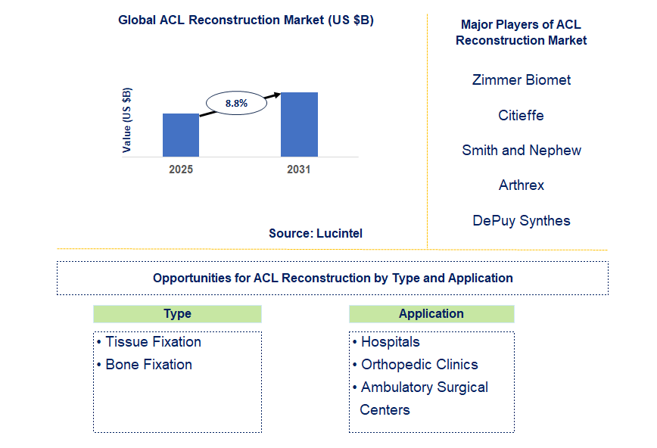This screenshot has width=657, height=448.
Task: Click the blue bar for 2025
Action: click(x=181, y=135)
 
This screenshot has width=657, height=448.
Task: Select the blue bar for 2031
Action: click(x=299, y=124)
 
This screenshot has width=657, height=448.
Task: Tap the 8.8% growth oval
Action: click(x=236, y=103)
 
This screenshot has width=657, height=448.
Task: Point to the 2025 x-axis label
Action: click(x=181, y=170)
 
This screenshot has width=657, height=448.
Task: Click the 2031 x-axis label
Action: click(x=299, y=170)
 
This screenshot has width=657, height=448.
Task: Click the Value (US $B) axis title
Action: click(x=126, y=120)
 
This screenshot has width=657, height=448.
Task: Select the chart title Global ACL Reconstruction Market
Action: click(x=246, y=20)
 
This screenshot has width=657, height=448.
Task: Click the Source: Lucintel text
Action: click(x=316, y=233)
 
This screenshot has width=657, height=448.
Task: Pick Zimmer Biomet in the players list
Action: click(x=521, y=80)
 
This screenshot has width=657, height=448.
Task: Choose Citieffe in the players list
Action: click(x=521, y=115)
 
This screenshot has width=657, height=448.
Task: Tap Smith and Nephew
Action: click(x=521, y=150)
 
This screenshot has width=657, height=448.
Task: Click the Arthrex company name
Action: click(x=521, y=185)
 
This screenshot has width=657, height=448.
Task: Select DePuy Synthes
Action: click(x=521, y=220)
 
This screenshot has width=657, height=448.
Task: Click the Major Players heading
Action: click(x=521, y=33)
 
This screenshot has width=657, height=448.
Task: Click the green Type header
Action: click(x=177, y=314)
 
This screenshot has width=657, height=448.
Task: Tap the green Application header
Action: click(x=431, y=314)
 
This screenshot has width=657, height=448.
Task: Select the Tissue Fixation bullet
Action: click(x=153, y=342)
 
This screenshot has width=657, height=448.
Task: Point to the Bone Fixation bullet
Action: click(x=148, y=365)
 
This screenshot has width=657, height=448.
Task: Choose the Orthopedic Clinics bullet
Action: click(x=419, y=365)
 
